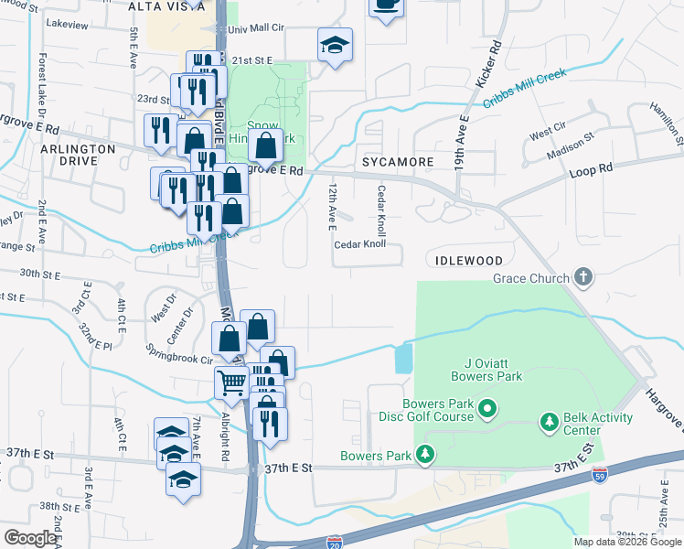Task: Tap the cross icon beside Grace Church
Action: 582,277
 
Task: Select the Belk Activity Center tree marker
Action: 549,422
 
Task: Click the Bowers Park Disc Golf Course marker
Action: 487,407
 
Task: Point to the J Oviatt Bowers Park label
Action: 486,369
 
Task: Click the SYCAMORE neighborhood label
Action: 397,162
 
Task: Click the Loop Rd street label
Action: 591,171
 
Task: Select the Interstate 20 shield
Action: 335,542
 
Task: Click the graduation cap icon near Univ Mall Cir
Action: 336,44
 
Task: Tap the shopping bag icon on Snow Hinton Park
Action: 265,145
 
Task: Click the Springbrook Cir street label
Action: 178,349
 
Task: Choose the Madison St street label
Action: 578,145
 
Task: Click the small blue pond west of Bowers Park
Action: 403,359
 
